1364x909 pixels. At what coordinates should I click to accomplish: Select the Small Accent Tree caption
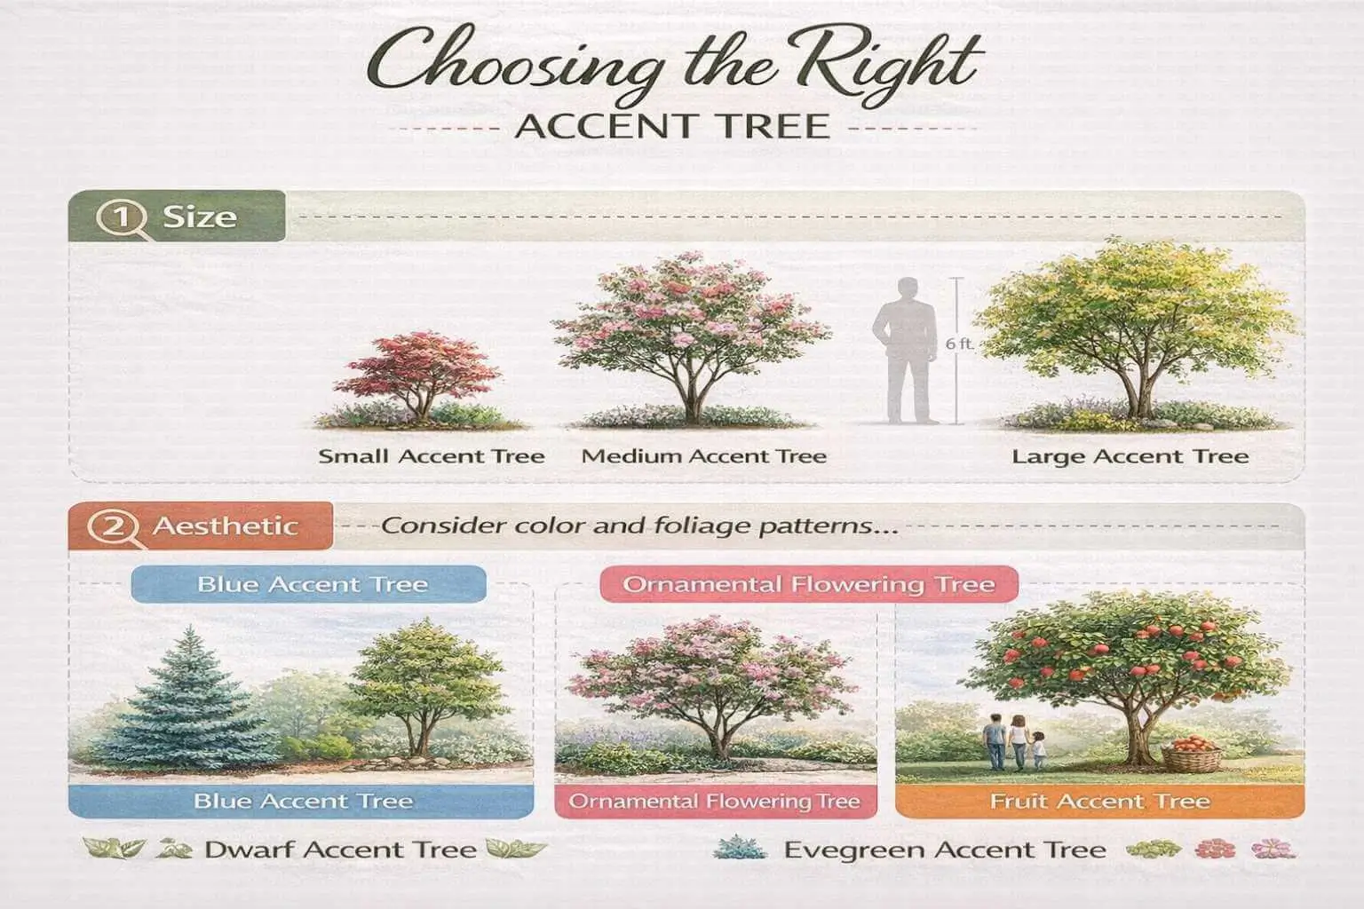432,456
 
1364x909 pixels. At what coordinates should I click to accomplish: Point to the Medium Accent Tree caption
703,456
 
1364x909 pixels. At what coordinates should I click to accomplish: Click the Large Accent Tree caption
1130,457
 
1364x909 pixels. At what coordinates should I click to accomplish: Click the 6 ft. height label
958,343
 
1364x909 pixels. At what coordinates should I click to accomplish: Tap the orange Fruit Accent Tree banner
1099,802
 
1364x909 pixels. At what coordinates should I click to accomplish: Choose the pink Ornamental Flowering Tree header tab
808,584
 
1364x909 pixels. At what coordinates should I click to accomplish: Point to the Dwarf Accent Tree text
340,850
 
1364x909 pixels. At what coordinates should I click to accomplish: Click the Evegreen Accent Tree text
944,850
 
